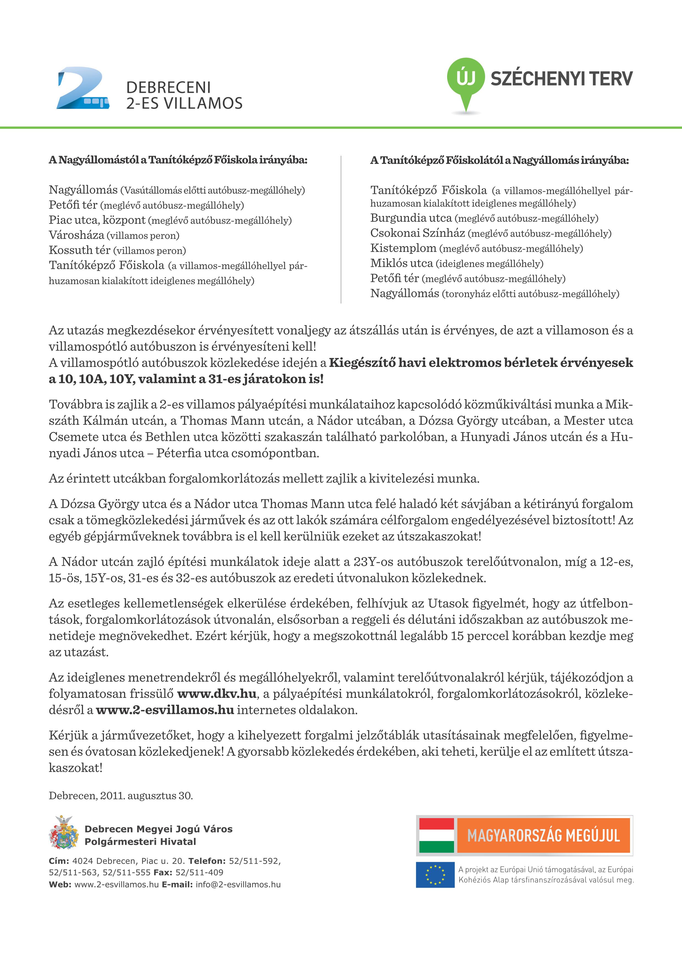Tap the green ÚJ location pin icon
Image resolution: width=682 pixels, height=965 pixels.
pyautogui.click(x=466, y=82)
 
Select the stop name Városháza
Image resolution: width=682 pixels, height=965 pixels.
pyautogui.click(x=76, y=235)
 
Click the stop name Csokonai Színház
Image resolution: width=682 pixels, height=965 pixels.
pyautogui.click(x=417, y=233)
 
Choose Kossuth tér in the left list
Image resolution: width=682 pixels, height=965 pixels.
pyautogui.click(x=79, y=250)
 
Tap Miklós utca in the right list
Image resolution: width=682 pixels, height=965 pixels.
pyautogui.click(x=401, y=263)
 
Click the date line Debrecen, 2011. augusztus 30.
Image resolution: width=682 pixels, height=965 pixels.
pyautogui.click(x=121, y=795)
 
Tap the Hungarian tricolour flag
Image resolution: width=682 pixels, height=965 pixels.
pyautogui.click(x=436, y=835)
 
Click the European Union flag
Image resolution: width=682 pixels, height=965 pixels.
pyautogui.click(x=435, y=875)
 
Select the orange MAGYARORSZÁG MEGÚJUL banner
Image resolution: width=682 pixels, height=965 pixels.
pyautogui.click(x=543, y=835)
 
